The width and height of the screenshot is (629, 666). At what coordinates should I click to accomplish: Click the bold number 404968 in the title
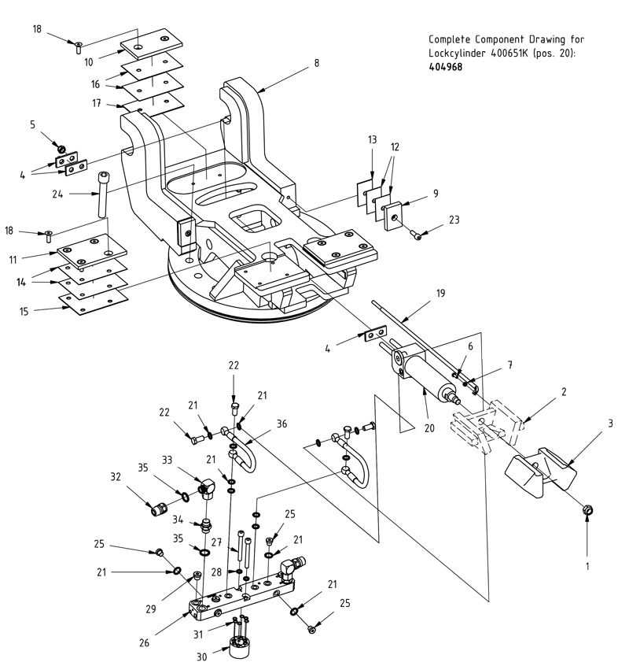pos(445,67)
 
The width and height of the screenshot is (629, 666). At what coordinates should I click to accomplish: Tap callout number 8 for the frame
pos(316,63)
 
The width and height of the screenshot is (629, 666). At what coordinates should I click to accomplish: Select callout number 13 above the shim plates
pos(373,139)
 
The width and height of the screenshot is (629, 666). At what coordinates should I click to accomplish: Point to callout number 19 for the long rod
pos(440,292)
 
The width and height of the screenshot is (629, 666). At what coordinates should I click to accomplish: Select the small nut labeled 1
pos(587,512)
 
